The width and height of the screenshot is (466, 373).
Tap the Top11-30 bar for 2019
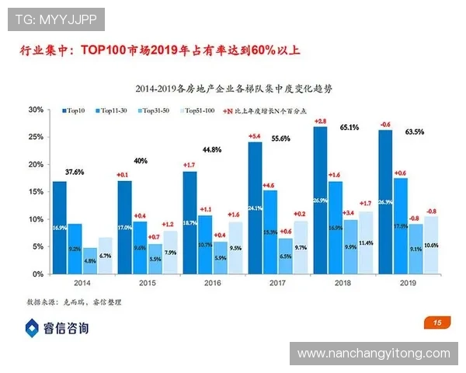click(x=400, y=225)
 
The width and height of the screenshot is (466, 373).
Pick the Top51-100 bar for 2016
click(x=235, y=248)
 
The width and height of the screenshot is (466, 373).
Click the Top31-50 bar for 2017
click(x=284, y=256)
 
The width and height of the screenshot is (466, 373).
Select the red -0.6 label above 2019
click(x=384, y=124)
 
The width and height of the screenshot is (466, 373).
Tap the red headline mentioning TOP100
click(x=159, y=52)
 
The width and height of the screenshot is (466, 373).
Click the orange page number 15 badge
click(x=436, y=322)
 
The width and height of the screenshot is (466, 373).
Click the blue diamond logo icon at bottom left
click(x=32, y=328)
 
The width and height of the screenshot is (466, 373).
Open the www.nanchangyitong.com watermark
click(x=374, y=354)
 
